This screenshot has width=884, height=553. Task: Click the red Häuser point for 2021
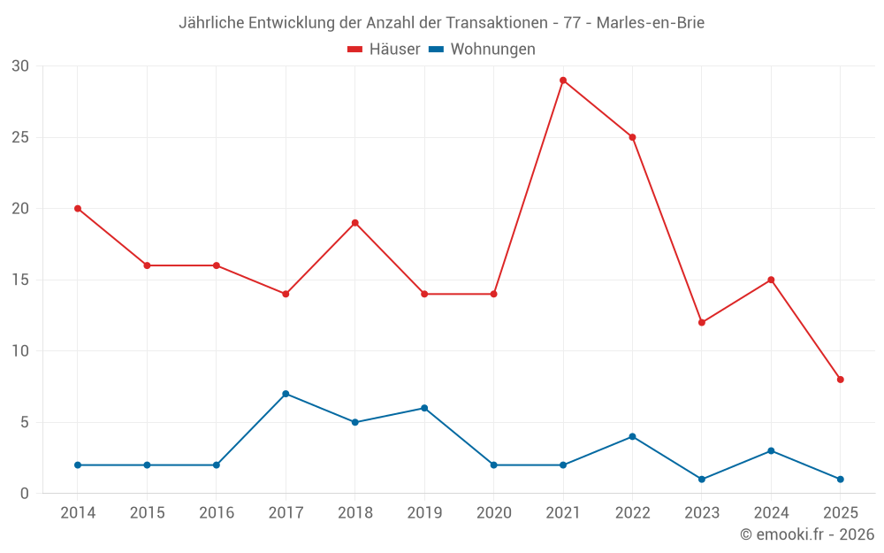pyautogui.click(x=563, y=81)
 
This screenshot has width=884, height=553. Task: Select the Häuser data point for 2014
pyautogui.click(x=78, y=209)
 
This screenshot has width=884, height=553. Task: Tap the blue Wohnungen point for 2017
pyautogui.click(x=286, y=394)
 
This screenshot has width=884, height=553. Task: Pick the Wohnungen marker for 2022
pyautogui.click(x=632, y=436)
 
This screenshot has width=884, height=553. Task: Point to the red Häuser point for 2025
pyautogui.click(x=841, y=380)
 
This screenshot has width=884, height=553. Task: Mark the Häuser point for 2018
pyautogui.click(x=355, y=223)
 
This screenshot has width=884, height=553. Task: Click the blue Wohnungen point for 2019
pyautogui.click(x=424, y=408)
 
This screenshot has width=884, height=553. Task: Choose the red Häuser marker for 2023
pyautogui.click(x=702, y=322)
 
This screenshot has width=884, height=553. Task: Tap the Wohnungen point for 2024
pyautogui.click(x=771, y=450)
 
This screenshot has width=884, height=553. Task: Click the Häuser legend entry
pyautogui.click(x=384, y=50)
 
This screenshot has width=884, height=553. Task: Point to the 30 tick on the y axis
pyautogui.click(x=21, y=66)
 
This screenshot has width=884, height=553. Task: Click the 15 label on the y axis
pyautogui.click(x=21, y=280)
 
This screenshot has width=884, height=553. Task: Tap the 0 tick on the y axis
pyautogui.click(x=25, y=493)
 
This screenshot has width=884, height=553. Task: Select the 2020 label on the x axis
pyautogui.click(x=494, y=513)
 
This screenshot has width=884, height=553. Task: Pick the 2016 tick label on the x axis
pyautogui.click(x=217, y=513)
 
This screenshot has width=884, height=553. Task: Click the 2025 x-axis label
pyautogui.click(x=841, y=513)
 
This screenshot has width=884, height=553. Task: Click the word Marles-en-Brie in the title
pyautogui.click(x=651, y=23)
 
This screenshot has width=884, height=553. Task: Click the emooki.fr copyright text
pyautogui.click(x=807, y=534)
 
